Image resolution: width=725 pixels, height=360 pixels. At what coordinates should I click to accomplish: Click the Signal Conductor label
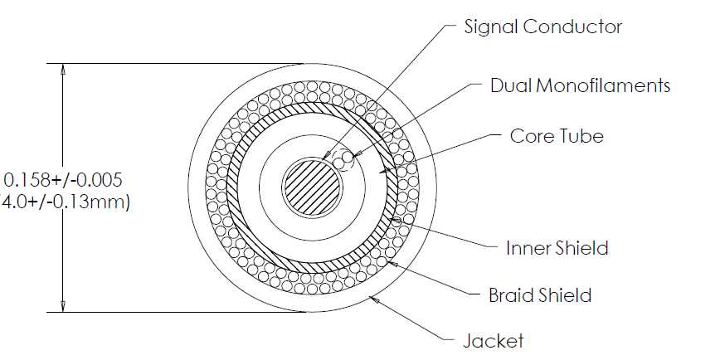543,27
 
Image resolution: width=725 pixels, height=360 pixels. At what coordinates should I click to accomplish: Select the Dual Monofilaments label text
581,85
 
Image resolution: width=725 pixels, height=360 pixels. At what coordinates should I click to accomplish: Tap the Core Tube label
557,136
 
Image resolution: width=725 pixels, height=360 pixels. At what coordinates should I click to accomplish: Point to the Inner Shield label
557,248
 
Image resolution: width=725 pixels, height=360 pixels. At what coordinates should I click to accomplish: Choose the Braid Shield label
540,294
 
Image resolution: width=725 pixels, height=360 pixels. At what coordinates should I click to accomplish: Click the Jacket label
494,341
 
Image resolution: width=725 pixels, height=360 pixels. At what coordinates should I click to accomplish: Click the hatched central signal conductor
313,187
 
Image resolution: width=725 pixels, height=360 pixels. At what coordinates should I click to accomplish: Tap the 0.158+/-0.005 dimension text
63,180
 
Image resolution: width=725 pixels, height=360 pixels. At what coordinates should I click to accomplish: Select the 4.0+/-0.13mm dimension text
64,202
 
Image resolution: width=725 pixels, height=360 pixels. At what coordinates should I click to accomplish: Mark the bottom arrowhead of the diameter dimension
63,307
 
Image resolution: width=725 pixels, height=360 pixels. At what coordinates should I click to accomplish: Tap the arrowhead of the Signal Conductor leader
325,155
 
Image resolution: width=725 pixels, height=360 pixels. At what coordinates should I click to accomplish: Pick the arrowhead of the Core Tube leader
384,171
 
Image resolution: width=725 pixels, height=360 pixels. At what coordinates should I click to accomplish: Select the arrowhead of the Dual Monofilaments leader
357,154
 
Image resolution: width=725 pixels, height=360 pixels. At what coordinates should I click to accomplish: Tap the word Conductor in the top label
572,27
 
